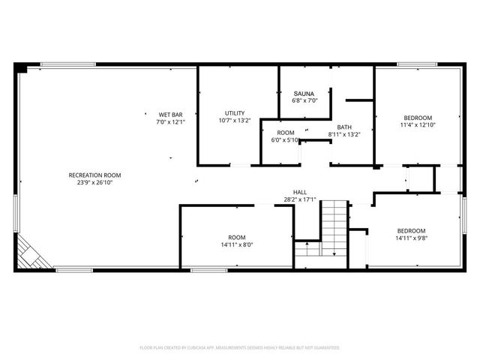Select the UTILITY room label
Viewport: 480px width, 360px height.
coord(235,113)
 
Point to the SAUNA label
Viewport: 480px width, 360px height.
coord(304,94)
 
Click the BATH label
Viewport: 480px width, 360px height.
coord(344,127)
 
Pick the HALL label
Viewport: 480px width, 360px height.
coord(299,192)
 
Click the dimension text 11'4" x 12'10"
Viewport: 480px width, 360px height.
coord(418,125)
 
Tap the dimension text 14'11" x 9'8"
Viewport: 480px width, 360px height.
coord(411,238)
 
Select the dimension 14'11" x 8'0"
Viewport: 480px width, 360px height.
coord(237,244)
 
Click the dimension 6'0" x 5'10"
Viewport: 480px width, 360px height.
coord(286,139)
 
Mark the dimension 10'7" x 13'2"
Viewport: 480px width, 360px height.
coord(235,120)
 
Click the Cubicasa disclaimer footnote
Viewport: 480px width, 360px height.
coord(240,347)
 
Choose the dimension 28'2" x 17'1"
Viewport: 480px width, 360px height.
coord(299,199)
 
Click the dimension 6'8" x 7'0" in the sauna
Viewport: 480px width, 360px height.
coord(304,100)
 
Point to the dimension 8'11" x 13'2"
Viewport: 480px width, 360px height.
coord(344,134)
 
